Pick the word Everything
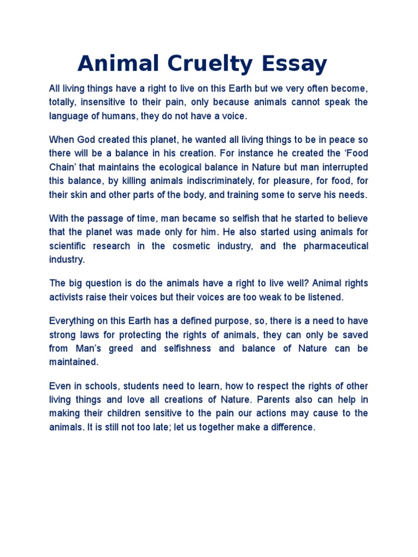pos(72,320)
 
